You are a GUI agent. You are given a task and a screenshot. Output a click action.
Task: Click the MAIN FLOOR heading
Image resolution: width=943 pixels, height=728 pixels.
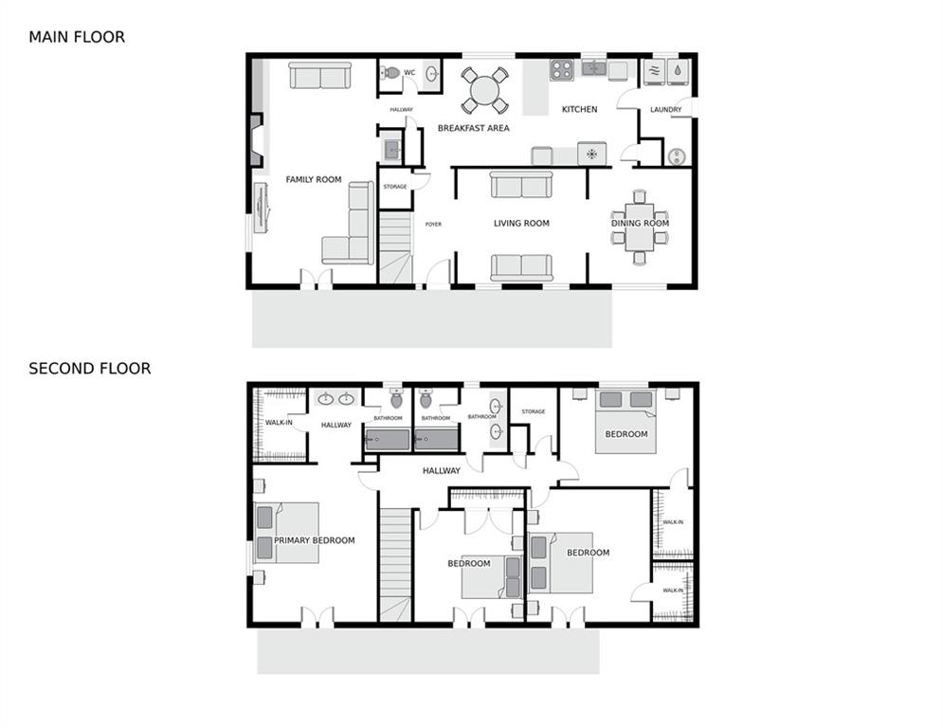pyautogui.click(x=77, y=37)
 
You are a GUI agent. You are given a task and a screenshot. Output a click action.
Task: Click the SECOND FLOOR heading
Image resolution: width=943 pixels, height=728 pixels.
pyautogui.click(x=90, y=368)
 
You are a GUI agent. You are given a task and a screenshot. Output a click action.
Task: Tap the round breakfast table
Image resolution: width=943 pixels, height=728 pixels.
pyautogui.click(x=484, y=91)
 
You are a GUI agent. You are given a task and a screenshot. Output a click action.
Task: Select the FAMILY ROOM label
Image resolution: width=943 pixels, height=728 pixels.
pyautogui.click(x=314, y=179)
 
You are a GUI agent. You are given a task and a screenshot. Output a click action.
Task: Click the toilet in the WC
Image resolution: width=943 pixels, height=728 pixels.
pyautogui.click(x=390, y=73)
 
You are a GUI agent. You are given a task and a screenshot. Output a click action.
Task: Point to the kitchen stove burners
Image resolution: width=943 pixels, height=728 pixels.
pyautogui.click(x=562, y=70)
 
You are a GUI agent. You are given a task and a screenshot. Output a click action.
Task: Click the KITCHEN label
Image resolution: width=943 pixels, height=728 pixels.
pyautogui.click(x=580, y=110)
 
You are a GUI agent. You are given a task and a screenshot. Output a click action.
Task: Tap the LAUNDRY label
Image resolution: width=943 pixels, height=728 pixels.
pyautogui.click(x=665, y=110)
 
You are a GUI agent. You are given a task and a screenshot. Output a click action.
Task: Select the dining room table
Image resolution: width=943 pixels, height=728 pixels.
pyautogui.click(x=640, y=227)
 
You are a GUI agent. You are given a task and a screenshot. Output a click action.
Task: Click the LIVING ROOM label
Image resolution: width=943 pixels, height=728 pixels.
pyautogui.click(x=521, y=223)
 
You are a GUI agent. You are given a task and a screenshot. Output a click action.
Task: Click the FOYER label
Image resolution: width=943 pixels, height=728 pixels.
pyautogui.click(x=433, y=225)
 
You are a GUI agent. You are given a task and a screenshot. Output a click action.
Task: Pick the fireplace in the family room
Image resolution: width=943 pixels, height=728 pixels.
pyautogui.click(x=256, y=140)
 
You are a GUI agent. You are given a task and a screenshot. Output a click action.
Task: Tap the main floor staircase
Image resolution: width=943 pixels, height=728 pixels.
pyautogui.click(x=395, y=246)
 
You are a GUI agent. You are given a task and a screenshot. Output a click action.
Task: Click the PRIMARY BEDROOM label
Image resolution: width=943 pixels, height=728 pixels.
pyautogui.click(x=315, y=540)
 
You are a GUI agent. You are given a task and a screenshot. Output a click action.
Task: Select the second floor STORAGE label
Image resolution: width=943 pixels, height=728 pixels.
pyautogui.click(x=534, y=411)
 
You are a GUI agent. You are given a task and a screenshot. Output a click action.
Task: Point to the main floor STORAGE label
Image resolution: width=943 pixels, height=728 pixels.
pyautogui.click(x=395, y=187)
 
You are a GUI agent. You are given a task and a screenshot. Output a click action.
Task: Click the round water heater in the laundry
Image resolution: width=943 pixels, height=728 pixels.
pyautogui.click(x=678, y=156)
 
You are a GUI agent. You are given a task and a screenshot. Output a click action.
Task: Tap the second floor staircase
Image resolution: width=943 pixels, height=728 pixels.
pyautogui.click(x=395, y=565)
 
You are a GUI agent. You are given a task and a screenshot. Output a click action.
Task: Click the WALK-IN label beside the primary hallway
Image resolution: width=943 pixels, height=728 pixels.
pyautogui.click(x=279, y=423)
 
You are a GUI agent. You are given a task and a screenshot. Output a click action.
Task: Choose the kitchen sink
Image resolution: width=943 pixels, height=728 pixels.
pyautogui.click(x=593, y=68)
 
